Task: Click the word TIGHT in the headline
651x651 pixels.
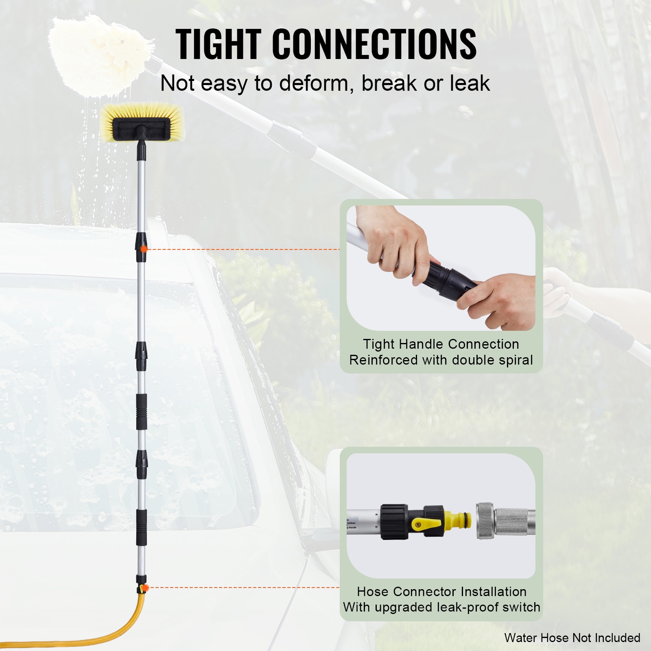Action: tap(218, 45)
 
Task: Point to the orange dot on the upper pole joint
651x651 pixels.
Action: tap(144, 249)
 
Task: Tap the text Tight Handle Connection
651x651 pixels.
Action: tap(441, 344)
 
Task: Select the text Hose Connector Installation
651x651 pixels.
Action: tap(441, 592)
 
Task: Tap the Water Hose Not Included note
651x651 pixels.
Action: tap(572, 638)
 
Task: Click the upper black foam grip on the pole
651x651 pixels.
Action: tap(141, 411)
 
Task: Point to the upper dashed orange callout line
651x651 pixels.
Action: tap(244, 249)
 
